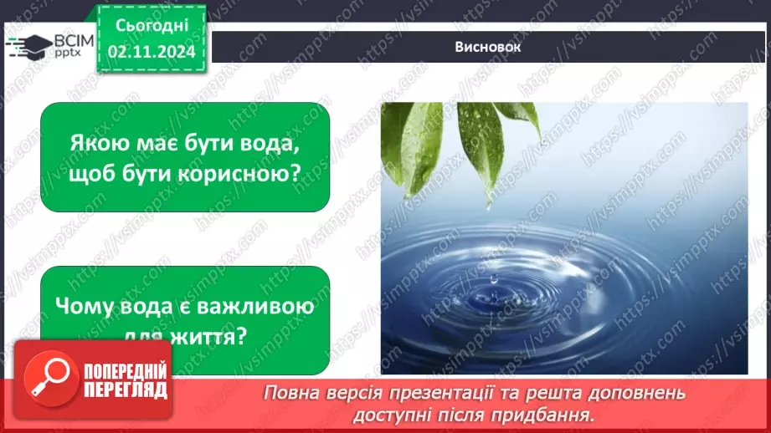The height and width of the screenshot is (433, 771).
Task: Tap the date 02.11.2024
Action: coord(151,51)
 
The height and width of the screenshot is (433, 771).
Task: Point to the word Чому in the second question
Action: coord(88,307)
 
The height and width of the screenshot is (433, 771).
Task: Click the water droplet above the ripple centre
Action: coord(493,283)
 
